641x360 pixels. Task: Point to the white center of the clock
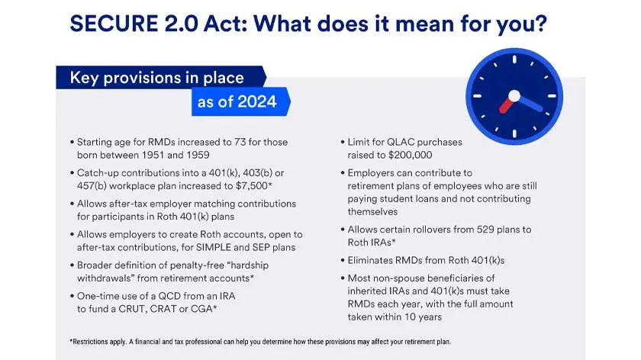click(514, 96)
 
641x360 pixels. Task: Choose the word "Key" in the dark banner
click(85, 78)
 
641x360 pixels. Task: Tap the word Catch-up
click(101, 173)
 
